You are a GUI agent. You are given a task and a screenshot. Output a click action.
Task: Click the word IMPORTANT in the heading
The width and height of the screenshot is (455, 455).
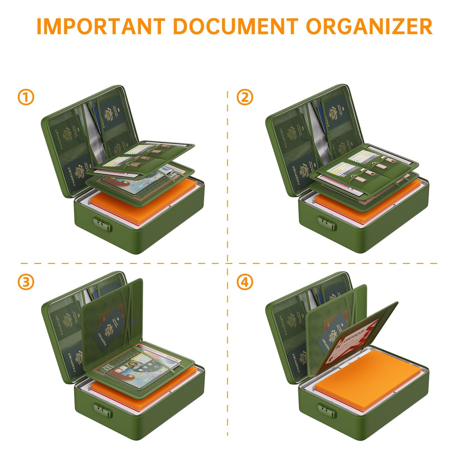pyautogui.click(x=101, y=26)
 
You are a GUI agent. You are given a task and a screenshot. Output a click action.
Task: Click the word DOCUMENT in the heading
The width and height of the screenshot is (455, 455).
pyautogui.click(x=235, y=26)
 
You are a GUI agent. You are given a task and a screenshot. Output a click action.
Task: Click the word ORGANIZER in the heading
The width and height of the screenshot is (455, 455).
pyautogui.click(x=369, y=26)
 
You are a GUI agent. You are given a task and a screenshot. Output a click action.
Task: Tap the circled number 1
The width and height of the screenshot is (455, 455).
pyautogui.click(x=26, y=97)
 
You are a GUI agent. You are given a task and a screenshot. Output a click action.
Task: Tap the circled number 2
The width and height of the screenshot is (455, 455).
pyautogui.click(x=245, y=97)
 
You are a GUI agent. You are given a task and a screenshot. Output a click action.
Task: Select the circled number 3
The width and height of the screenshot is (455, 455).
pyautogui.click(x=26, y=282)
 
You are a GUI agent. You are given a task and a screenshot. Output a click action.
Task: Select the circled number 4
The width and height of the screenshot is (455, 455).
pyautogui.click(x=245, y=282)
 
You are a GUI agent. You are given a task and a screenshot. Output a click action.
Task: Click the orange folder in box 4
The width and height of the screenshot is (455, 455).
pyautogui.click(x=368, y=376)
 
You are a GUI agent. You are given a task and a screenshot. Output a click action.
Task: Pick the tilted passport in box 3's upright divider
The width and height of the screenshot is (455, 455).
pyautogui.click(x=112, y=327)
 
